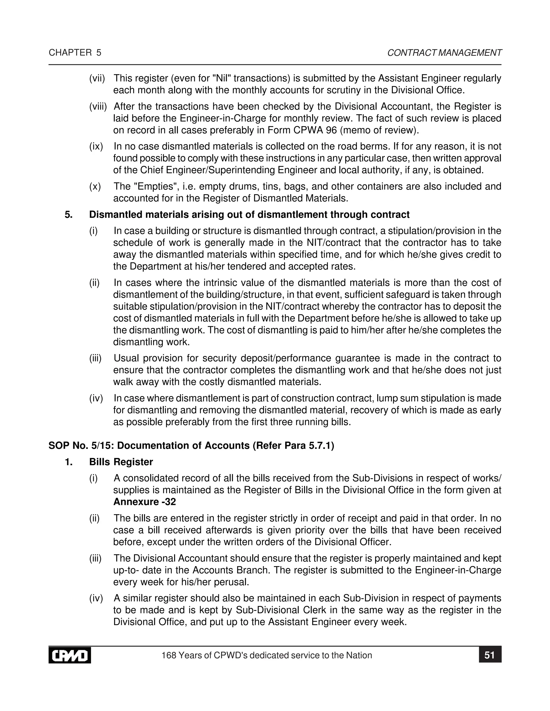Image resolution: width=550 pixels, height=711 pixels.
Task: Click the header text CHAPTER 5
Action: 75,53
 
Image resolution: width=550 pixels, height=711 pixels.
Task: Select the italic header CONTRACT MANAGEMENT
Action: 444,53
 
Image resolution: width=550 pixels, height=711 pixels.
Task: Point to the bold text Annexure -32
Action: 144,502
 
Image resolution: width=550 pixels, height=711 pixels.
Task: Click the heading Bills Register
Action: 121,462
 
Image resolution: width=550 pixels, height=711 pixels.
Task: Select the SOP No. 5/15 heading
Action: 191,445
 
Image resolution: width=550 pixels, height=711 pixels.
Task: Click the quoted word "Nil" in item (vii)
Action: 221,78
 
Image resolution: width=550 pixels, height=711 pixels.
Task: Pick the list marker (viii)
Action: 98,107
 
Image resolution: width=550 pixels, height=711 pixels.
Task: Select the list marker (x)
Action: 95,186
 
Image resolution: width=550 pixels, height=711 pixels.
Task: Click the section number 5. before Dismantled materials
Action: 68,215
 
